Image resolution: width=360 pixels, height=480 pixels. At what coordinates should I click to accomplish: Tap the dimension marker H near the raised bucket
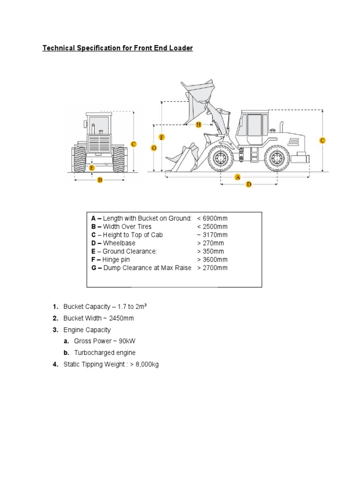tap(198, 125)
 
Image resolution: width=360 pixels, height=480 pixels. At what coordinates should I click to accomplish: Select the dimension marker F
tap(162, 137)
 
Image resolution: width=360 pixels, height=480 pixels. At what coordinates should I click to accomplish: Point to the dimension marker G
tap(153, 148)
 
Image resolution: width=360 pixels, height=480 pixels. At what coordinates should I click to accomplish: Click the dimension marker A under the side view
tap(237, 177)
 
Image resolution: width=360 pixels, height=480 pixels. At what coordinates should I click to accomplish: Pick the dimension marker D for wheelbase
tap(249, 185)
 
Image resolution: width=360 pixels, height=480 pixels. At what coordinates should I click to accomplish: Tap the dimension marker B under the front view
tap(99, 180)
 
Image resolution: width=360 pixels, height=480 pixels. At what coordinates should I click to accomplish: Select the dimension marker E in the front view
tap(92, 167)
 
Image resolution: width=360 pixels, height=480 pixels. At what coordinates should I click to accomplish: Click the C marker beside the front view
tap(134, 144)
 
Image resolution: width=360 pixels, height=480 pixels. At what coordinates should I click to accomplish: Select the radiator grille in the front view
tap(99, 143)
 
